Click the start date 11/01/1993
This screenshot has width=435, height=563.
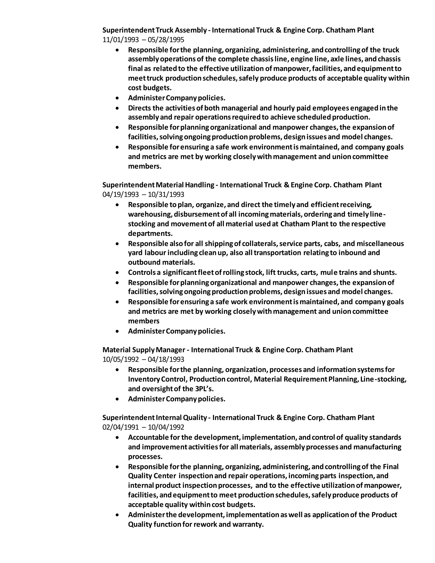click(120, 40)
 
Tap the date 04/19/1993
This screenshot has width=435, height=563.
click(120, 194)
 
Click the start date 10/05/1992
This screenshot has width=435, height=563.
click(120, 359)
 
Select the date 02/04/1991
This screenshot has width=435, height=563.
click(120, 427)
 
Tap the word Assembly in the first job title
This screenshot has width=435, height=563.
click(191, 30)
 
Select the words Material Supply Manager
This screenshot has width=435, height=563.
click(144, 350)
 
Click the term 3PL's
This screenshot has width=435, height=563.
click(204, 389)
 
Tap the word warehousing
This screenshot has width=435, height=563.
click(150, 214)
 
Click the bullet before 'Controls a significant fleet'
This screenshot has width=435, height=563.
click(117, 273)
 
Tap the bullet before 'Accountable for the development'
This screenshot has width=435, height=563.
click(117, 437)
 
